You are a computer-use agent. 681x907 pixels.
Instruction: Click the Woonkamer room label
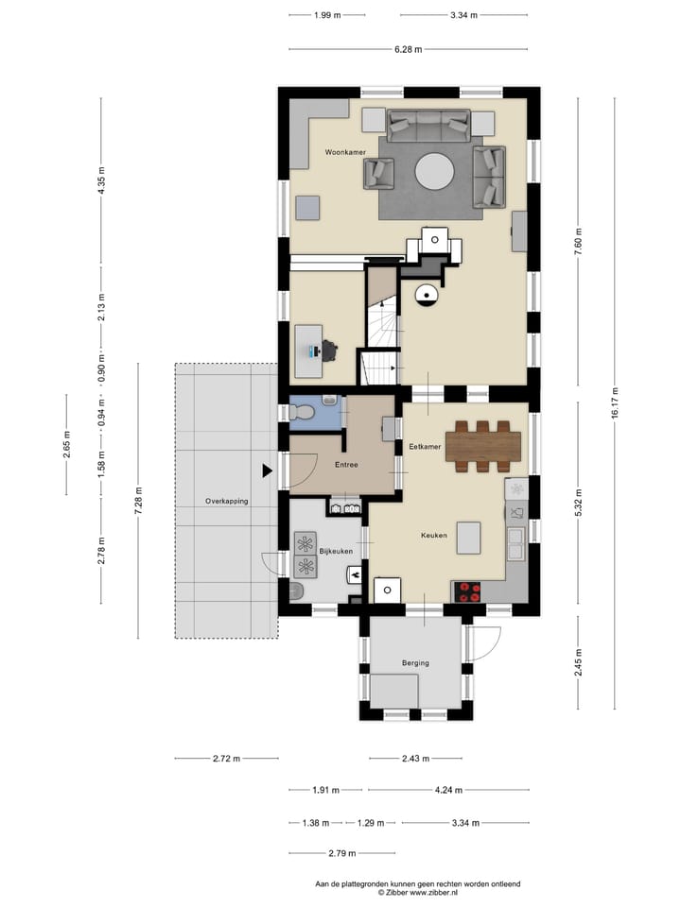345,152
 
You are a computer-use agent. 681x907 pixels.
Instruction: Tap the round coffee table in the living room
434,171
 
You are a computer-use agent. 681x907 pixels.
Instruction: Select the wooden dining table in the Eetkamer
483,447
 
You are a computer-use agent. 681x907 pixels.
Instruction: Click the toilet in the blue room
301,411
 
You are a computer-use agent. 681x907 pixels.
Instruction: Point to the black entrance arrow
267,471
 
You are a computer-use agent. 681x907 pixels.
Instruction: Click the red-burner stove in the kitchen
468,591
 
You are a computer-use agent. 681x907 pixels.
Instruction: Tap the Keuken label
434,536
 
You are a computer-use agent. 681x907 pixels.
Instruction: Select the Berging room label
415,663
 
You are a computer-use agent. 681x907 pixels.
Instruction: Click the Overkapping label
226,501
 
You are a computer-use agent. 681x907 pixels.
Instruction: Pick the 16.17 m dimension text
615,403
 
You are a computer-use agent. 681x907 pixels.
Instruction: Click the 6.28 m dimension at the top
409,49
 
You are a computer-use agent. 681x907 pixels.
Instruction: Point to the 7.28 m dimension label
138,501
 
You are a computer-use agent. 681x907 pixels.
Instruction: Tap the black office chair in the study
329,351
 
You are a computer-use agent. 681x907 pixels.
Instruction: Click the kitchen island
468,538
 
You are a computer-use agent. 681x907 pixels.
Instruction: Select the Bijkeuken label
336,551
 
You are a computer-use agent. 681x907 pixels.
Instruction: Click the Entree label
346,465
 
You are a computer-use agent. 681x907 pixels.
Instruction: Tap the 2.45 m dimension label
578,663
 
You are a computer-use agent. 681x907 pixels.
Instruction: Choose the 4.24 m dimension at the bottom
448,790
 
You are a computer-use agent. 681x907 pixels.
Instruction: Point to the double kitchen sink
515,544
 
